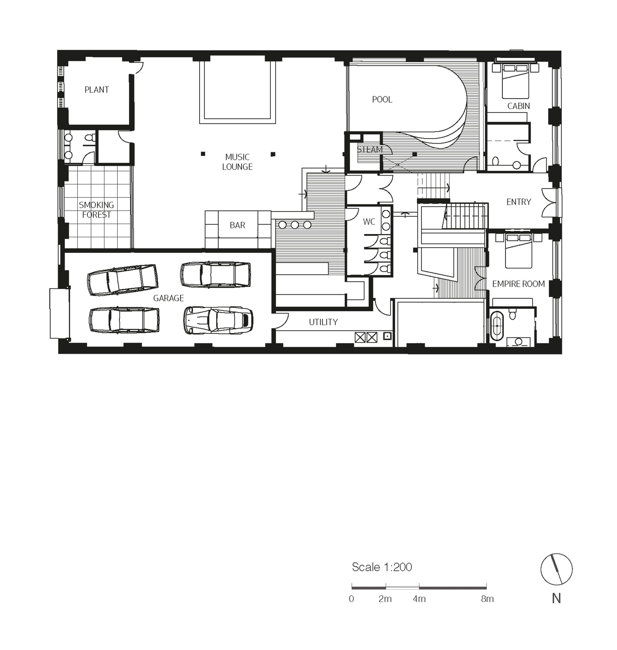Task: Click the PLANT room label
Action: [x=97, y=90]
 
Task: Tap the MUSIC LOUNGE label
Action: [x=237, y=162]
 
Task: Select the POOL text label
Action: [x=382, y=100]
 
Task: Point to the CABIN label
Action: [x=518, y=106]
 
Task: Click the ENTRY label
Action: [x=519, y=202]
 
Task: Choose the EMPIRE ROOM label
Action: [x=518, y=284]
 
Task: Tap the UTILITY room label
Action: [x=323, y=322]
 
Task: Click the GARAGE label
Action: [x=168, y=298]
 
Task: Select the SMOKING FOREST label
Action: [x=97, y=210]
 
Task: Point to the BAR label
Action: [x=237, y=225]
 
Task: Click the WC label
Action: [x=369, y=222]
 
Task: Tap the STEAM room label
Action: [x=370, y=150]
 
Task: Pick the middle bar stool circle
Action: [x=295, y=225]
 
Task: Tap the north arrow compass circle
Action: [x=557, y=569]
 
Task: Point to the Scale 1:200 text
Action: [x=382, y=567]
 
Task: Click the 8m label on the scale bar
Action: [x=487, y=599]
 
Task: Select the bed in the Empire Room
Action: [x=518, y=250]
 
